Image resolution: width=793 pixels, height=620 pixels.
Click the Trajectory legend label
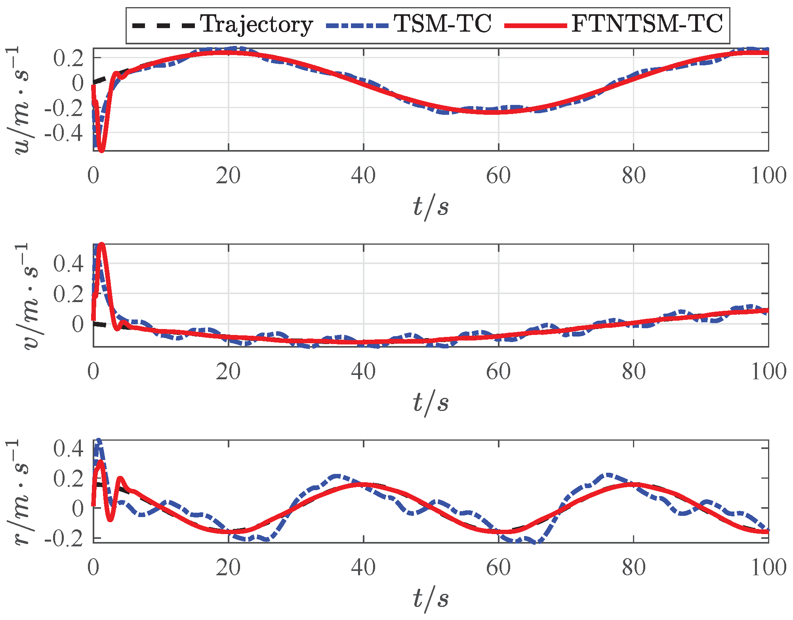(256, 25)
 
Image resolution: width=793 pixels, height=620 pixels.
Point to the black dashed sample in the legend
(163, 26)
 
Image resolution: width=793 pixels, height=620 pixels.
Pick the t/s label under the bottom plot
(431, 599)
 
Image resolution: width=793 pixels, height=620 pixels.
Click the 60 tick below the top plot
(498, 175)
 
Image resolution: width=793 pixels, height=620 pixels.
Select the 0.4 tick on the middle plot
(68, 264)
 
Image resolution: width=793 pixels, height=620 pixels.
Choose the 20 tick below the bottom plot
(228, 567)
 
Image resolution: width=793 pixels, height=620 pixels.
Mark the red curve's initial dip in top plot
(101, 150)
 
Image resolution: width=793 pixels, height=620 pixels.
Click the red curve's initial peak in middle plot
(102, 245)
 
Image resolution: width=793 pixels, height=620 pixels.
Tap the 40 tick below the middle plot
(363, 372)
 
